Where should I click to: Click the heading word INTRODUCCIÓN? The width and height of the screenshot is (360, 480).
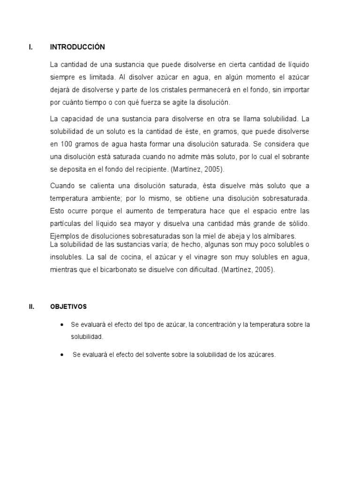point(77,47)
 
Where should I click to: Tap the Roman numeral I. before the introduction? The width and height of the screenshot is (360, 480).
point(30,47)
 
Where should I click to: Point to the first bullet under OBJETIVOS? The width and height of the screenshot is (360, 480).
point(62,325)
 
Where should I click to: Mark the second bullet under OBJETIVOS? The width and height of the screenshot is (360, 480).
point(62,355)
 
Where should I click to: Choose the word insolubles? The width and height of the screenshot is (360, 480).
point(67,257)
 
